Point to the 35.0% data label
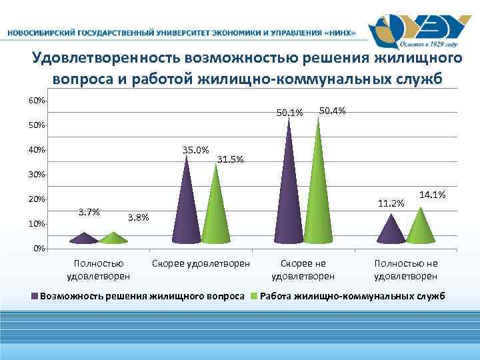195,149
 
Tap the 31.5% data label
231,159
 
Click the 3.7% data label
89,213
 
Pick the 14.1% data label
432,194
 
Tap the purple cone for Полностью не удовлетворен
391,231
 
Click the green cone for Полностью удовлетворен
114,238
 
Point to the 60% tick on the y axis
37,101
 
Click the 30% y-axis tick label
37,175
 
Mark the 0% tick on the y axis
39,249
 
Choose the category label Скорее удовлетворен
201,264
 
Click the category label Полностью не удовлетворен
406,270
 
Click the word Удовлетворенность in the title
107,59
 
